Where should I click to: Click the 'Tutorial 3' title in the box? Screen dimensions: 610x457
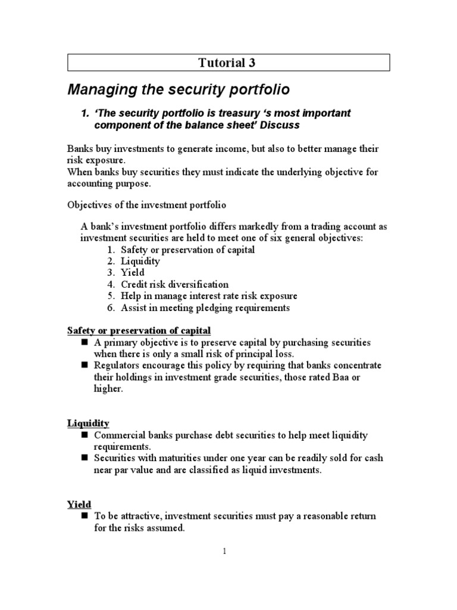[228, 63]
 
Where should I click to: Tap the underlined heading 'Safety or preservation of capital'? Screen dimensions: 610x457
[139, 331]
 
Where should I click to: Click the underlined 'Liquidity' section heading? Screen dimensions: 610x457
[87, 423]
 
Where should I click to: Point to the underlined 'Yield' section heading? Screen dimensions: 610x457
[79, 504]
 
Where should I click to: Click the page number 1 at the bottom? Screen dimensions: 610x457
[225, 552]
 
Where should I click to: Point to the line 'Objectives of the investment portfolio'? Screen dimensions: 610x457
[146, 205]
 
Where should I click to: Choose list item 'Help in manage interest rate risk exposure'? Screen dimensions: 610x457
[208, 296]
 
